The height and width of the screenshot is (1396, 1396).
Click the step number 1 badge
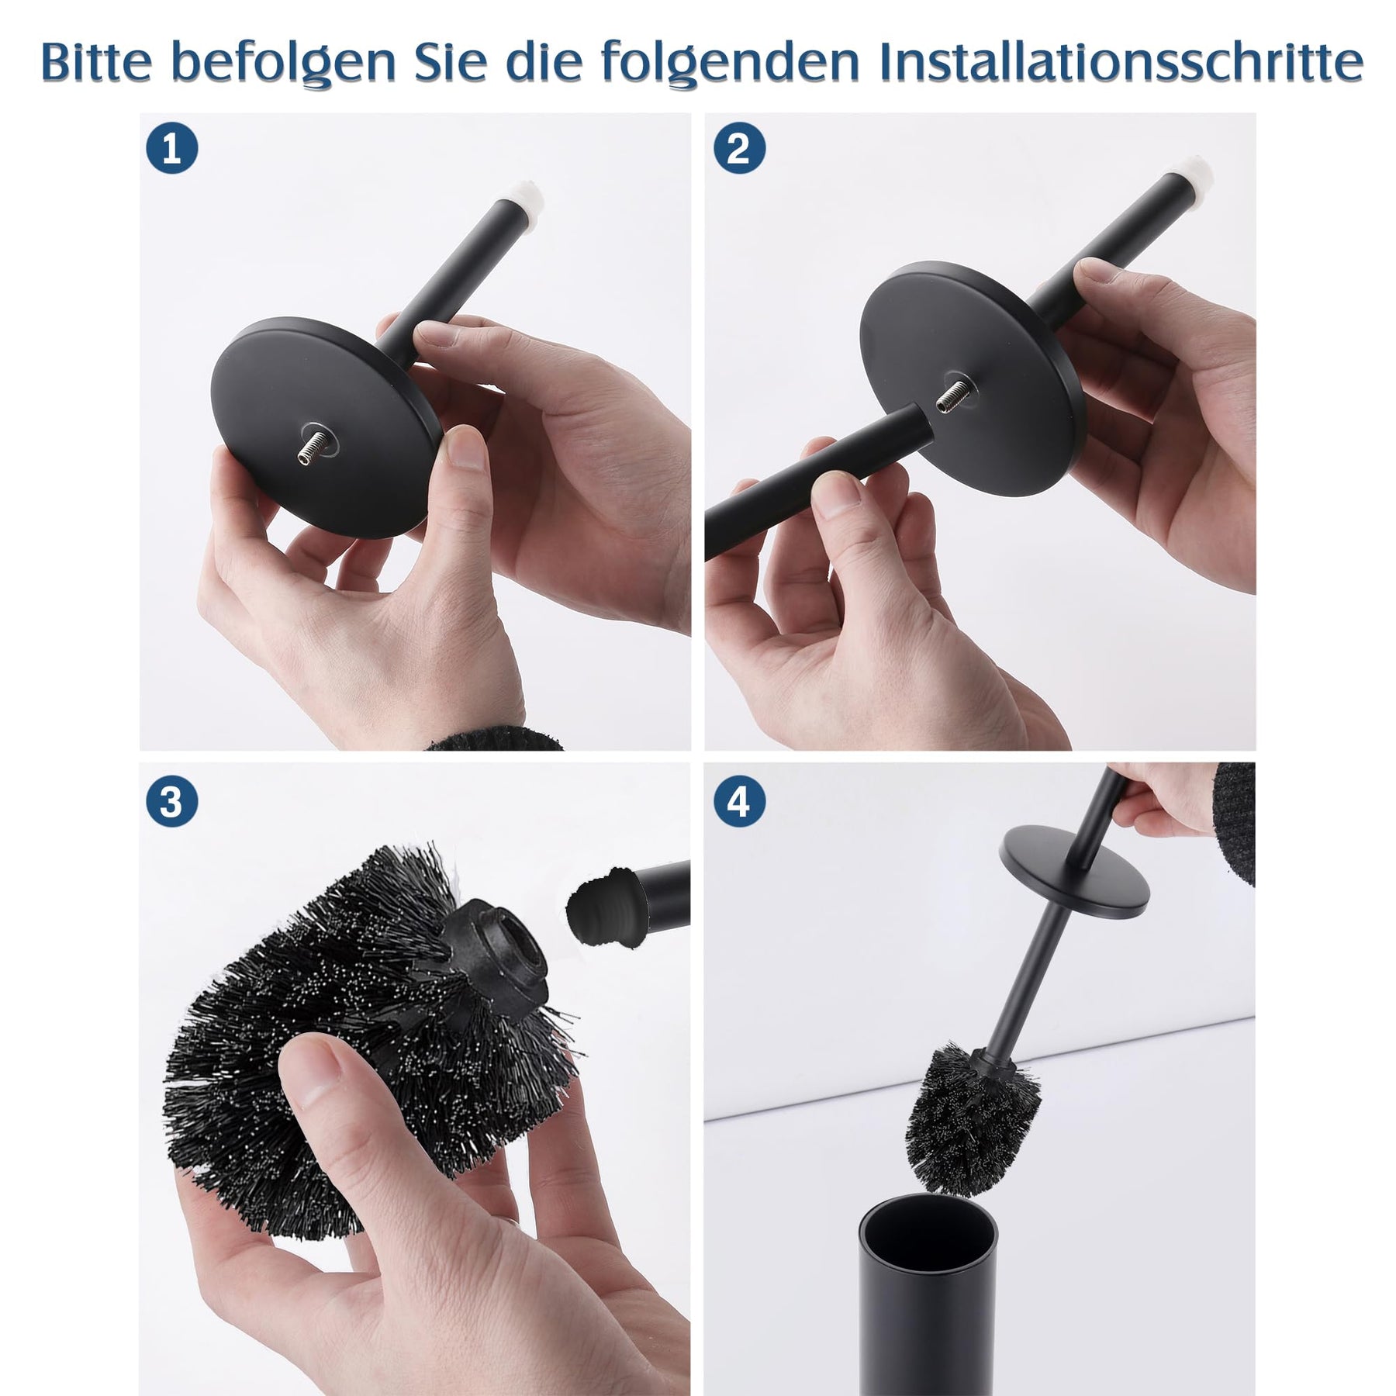[x=171, y=148]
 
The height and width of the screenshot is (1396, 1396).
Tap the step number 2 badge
[x=738, y=148]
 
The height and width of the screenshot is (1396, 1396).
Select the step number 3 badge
[x=171, y=801]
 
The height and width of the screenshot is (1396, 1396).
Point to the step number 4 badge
[x=738, y=801]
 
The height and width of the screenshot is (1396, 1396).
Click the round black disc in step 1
[x=326, y=427]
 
